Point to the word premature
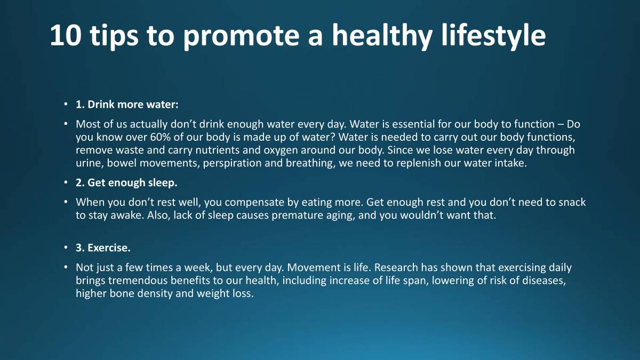click(297, 215)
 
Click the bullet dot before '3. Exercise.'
click(66, 248)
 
